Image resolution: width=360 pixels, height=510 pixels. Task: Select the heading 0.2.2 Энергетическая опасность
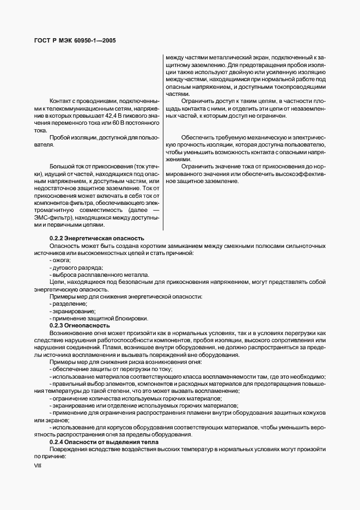(x=96, y=238)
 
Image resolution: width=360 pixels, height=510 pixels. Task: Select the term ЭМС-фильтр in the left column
(x=53, y=217)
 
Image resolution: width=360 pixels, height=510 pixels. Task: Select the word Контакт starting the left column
(x=61, y=101)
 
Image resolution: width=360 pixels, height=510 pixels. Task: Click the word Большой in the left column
(x=62, y=165)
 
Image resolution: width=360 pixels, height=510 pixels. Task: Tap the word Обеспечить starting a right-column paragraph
(x=197, y=138)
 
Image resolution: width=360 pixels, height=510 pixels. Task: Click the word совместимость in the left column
(x=93, y=209)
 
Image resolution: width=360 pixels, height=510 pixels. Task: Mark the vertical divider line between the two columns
(x=163, y=142)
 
